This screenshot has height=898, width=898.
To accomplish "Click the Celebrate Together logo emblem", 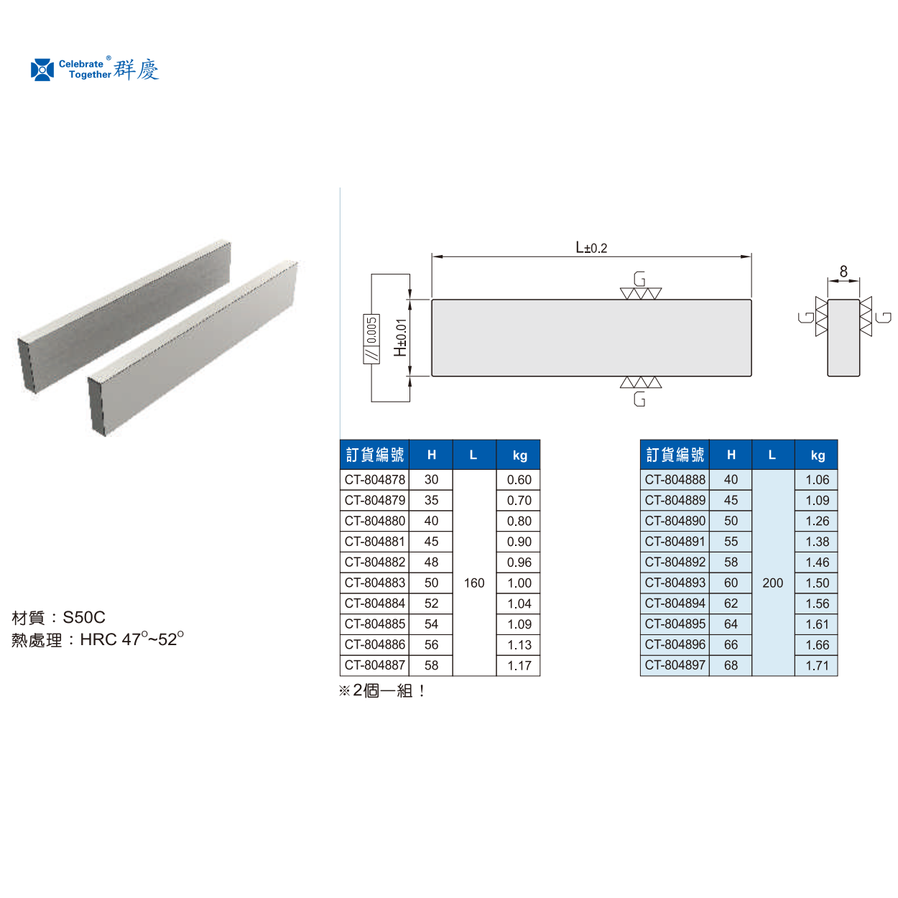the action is (x=42, y=70).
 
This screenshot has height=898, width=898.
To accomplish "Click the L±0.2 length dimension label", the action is (x=591, y=247).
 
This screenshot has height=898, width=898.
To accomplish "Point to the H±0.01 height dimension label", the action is (x=400, y=338).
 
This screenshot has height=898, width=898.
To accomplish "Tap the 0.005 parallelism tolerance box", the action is (x=371, y=339).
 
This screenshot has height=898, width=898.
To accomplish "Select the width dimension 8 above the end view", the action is (x=843, y=271).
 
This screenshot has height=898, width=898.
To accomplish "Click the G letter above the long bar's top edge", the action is (x=639, y=279).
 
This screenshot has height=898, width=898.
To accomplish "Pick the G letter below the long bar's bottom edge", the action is (x=639, y=399).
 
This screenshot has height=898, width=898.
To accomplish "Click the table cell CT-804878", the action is (x=374, y=479).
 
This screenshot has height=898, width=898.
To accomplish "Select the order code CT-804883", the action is (x=374, y=583).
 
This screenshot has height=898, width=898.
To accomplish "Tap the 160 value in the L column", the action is (x=474, y=583).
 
